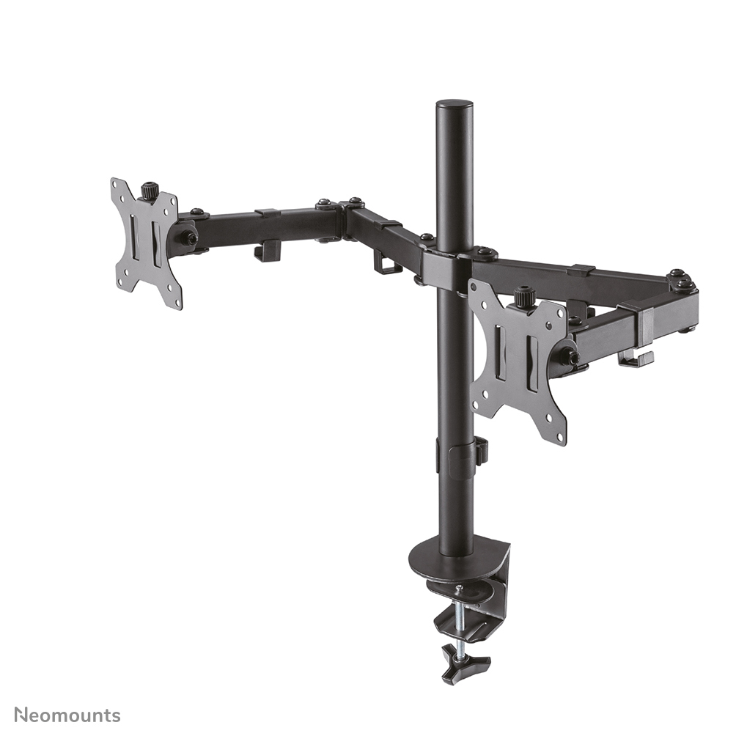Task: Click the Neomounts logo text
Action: coord(67,715)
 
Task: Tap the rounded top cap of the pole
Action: coord(454,105)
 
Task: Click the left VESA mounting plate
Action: coord(146,242)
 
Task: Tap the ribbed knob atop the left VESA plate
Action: coord(150,190)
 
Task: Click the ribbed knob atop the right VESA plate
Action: coord(523,297)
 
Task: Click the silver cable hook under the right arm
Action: coord(635,358)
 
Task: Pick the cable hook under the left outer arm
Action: coord(268,251)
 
